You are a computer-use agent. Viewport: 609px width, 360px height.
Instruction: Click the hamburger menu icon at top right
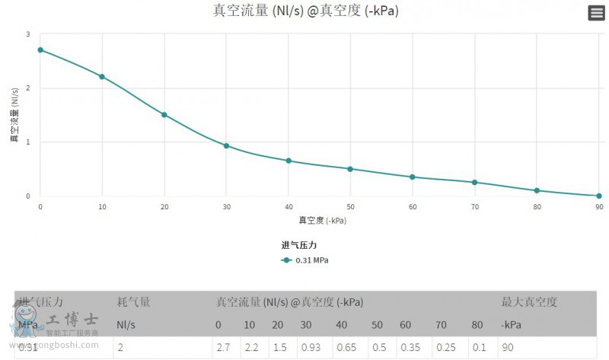point(597,13)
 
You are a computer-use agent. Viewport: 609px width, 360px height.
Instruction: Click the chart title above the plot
point(305,11)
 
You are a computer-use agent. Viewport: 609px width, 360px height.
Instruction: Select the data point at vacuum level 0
point(40,50)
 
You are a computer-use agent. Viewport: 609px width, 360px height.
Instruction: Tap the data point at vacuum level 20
point(164,115)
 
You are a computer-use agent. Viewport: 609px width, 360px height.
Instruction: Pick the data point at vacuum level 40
point(289,161)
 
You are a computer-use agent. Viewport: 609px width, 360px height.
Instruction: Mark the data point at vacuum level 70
point(474,183)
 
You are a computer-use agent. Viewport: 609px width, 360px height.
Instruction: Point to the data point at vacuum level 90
point(598,196)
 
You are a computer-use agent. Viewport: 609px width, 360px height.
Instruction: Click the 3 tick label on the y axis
point(27,34)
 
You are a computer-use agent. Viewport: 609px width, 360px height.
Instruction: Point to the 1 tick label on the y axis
point(27,142)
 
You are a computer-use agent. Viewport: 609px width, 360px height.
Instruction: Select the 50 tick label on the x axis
point(350,207)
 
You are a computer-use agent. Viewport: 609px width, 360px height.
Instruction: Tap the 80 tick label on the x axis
point(537,207)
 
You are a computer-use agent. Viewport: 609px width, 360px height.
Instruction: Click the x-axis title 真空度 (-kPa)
point(319,221)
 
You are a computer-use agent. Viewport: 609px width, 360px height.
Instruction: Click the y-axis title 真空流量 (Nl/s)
point(14,115)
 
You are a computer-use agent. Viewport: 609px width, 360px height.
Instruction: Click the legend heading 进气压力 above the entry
point(298,245)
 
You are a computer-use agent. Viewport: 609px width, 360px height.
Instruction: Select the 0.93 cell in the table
point(310,347)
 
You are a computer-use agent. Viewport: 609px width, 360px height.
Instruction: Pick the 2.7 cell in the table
point(223,347)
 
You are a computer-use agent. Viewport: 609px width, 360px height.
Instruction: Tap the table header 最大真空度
point(529,302)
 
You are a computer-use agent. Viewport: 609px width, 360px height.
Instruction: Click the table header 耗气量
point(133,302)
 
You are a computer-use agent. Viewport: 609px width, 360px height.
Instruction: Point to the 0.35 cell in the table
point(410,347)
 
